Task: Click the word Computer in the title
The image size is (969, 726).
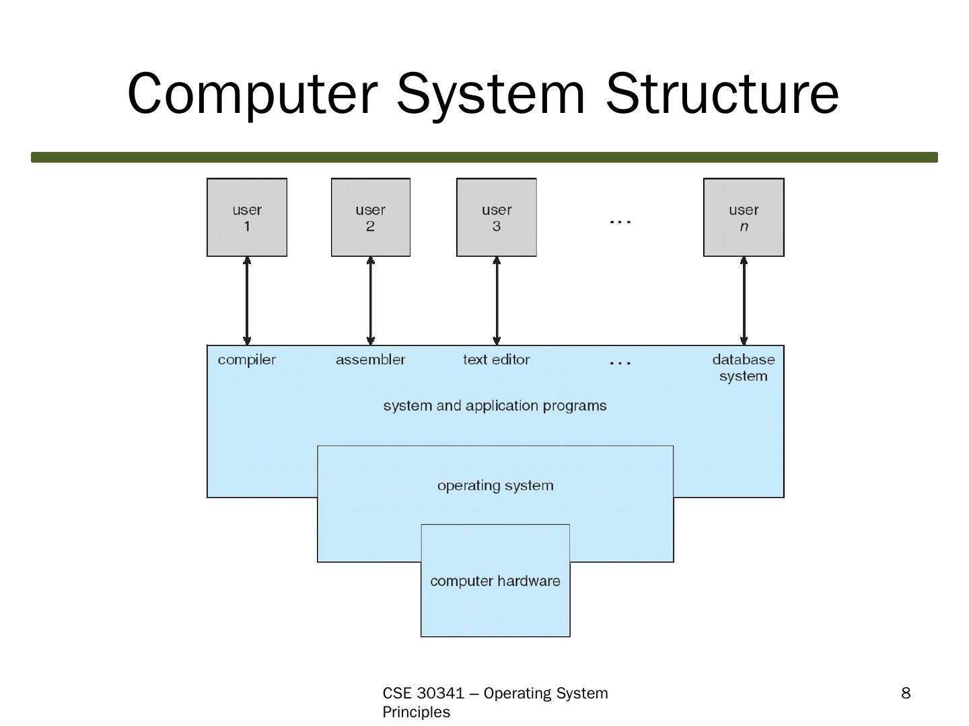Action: coord(252,94)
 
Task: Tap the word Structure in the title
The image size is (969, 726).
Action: coord(721,94)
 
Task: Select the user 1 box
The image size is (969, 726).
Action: coord(247,217)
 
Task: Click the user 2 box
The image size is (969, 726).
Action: coord(370,217)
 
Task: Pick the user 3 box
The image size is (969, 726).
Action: coord(496,217)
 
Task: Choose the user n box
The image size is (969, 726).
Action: coord(744,217)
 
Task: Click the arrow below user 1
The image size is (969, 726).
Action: coord(247,301)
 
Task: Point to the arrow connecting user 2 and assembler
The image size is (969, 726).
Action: coord(370,301)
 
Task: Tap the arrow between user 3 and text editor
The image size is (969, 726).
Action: coord(496,301)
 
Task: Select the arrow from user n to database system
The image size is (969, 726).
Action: coord(744,301)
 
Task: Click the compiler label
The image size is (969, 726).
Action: coord(247,360)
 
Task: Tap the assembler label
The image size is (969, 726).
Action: coord(370,360)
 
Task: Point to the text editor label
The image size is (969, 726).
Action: coord(496,360)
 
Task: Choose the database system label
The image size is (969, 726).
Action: coord(744,368)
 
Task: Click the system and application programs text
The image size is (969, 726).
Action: coord(495,406)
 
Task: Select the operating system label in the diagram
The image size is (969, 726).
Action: coord(495,486)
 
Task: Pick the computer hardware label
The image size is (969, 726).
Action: coord(495,581)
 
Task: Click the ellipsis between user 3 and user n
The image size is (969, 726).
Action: coord(620,222)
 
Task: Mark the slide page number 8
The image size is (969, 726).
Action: coord(906,693)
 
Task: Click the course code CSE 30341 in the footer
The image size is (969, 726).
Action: coord(423,693)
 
